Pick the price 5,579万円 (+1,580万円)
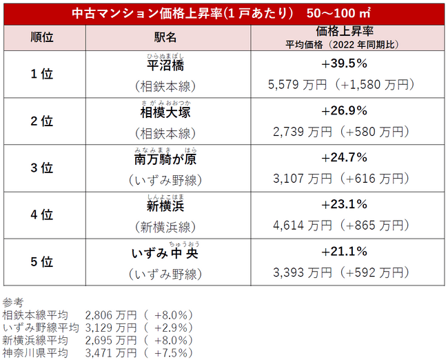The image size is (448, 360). click(x=340, y=85)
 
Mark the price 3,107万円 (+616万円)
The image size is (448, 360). click(x=340, y=179)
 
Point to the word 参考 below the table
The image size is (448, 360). click(x=13, y=301)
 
